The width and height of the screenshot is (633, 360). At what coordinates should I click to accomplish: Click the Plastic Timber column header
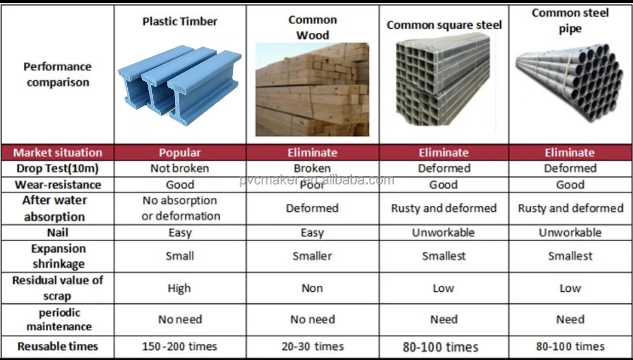pyautogui.click(x=180, y=22)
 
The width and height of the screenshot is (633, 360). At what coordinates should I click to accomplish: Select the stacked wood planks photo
pyautogui.click(x=312, y=89)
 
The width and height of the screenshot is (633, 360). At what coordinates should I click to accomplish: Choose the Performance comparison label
pyautogui.click(x=57, y=75)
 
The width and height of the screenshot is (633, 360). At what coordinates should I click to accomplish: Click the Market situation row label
pyautogui.click(x=57, y=153)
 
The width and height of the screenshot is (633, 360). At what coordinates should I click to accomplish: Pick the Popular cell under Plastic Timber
pyautogui.click(x=180, y=153)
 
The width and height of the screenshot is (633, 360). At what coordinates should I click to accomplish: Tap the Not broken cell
pyautogui.click(x=180, y=168)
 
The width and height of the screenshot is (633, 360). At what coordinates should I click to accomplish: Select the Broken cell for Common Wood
pyautogui.click(x=312, y=168)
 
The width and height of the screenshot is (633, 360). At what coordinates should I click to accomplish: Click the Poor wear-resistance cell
pyautogui.click(x=312, y=185)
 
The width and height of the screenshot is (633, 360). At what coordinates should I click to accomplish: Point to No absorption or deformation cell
pyautogui.click(x=180, y=208)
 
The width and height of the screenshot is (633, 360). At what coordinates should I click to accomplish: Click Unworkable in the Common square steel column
pyautogui.click(x=443, y=233)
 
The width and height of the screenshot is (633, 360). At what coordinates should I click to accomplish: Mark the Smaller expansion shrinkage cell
pyautogui.click(x=312, y=256)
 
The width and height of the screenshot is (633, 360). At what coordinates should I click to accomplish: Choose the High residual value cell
pyautogui.click(x=179, y=289)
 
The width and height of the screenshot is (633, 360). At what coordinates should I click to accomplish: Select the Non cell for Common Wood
pyautogui.click(x=312, y=289)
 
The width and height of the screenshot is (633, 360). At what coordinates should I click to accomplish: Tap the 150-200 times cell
pyautogui.click(x=179, y=346)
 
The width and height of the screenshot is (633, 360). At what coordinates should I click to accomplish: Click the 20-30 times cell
pyautogui.click(x=312, y=346)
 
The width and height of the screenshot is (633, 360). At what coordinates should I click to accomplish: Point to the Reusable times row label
pyautogui.click(x=57, y=346)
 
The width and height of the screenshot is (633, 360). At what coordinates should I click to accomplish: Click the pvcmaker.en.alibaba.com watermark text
pyautogui.click(x=317, y=180)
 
